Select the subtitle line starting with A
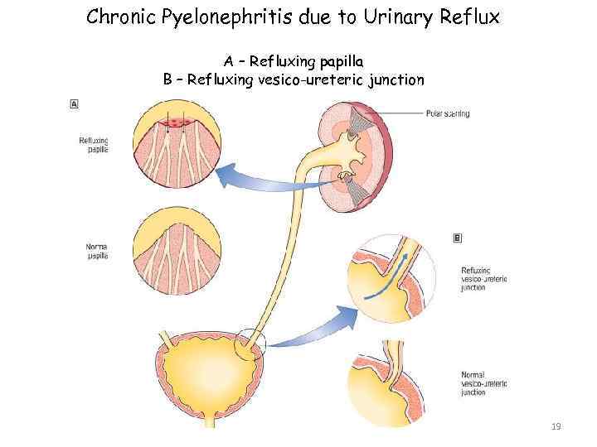pos(294,61)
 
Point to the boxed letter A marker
pos(75,103)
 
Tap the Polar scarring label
pos(448,113)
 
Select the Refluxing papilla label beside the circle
pos(93,146)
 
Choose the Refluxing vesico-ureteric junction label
pos(483,278)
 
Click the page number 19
pos(556,426)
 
